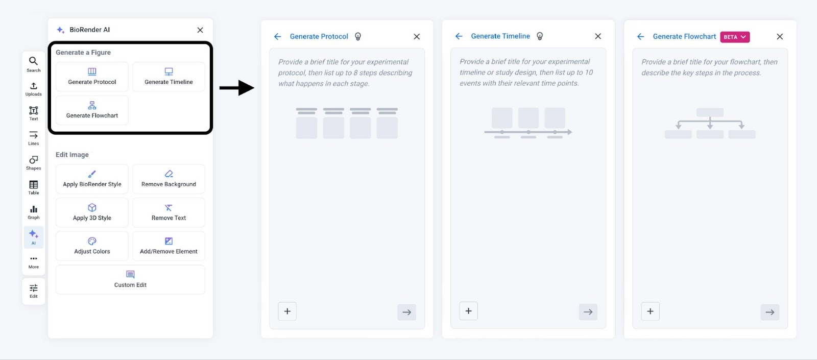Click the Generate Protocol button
92,77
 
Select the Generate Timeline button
169,77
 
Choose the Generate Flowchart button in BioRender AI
92,110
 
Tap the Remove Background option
169,179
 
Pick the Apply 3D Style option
92,212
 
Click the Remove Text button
169,212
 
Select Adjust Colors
92,246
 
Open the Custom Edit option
130,279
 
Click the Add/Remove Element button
169,246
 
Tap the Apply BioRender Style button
92,179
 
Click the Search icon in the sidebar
34,64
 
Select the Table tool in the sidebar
34,187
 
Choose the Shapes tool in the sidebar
34,162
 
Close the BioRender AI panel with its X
200,30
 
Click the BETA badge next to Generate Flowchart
735,37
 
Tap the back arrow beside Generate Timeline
459,36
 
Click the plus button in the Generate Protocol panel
287,311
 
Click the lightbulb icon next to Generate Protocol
358,36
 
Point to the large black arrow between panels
237,88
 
